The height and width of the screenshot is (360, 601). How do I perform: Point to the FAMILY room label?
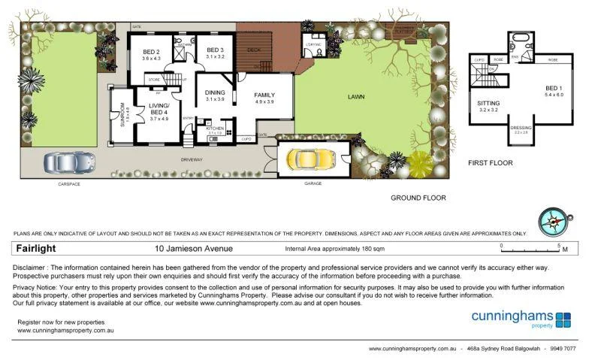click(264, 95)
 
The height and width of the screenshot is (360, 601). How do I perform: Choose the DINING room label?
click(216, 92)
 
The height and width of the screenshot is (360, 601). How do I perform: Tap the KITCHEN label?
click(216, 128)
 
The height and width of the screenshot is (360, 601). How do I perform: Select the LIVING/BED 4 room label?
click(159, 110)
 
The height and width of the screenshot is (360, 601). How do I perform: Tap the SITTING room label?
click(489, 103)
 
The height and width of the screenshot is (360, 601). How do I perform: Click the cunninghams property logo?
click(521, 319)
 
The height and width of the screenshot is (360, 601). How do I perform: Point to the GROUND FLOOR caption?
click(418, 198)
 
